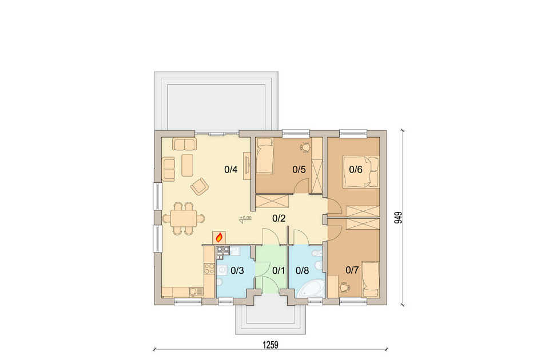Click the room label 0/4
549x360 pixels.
tap(230, 170)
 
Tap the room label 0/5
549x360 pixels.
tap(299, 170)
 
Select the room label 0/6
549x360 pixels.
tap(356, 170)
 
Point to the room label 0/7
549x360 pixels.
tap(352, 270)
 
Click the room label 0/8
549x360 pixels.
tap(302, 270)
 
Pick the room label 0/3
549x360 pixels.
tap(237, 270)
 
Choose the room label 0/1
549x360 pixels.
tap(279, 270)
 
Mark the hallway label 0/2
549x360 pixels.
tap(279, 219)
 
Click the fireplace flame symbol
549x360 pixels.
tap(219, 238)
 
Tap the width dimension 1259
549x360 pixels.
tap(270, 345)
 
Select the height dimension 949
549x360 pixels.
tap(398, 217)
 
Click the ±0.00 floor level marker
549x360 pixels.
tap(245, 219)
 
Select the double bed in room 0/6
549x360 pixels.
tap(361, 171)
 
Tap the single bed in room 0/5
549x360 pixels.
tap(265, 155)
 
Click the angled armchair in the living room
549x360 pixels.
tap(200, 186)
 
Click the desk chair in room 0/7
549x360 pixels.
tap(344, 287)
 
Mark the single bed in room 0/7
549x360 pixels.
tap(371, 279)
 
